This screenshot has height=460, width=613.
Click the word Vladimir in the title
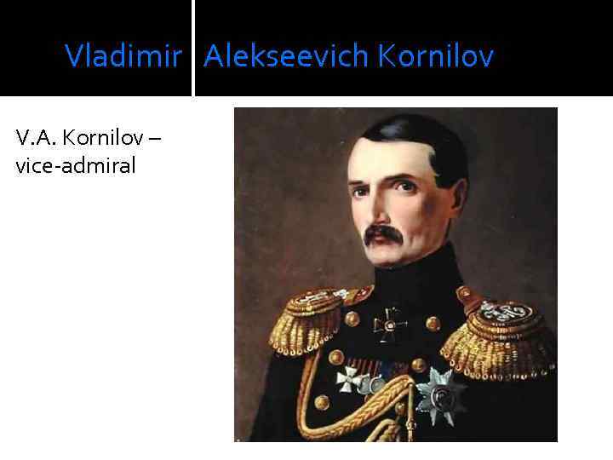tap(123, 57)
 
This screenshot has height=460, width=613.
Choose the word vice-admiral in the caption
tap(75, 165)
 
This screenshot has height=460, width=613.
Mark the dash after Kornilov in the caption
tap(154, 138)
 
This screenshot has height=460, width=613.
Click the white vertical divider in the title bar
tap(193, 48)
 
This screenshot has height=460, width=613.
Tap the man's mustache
tap(383, 234)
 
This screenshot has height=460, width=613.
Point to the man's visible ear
tap(450, 201)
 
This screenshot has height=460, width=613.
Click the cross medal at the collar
tap(391, 324)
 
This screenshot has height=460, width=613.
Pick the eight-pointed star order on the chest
tap(441, 394)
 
